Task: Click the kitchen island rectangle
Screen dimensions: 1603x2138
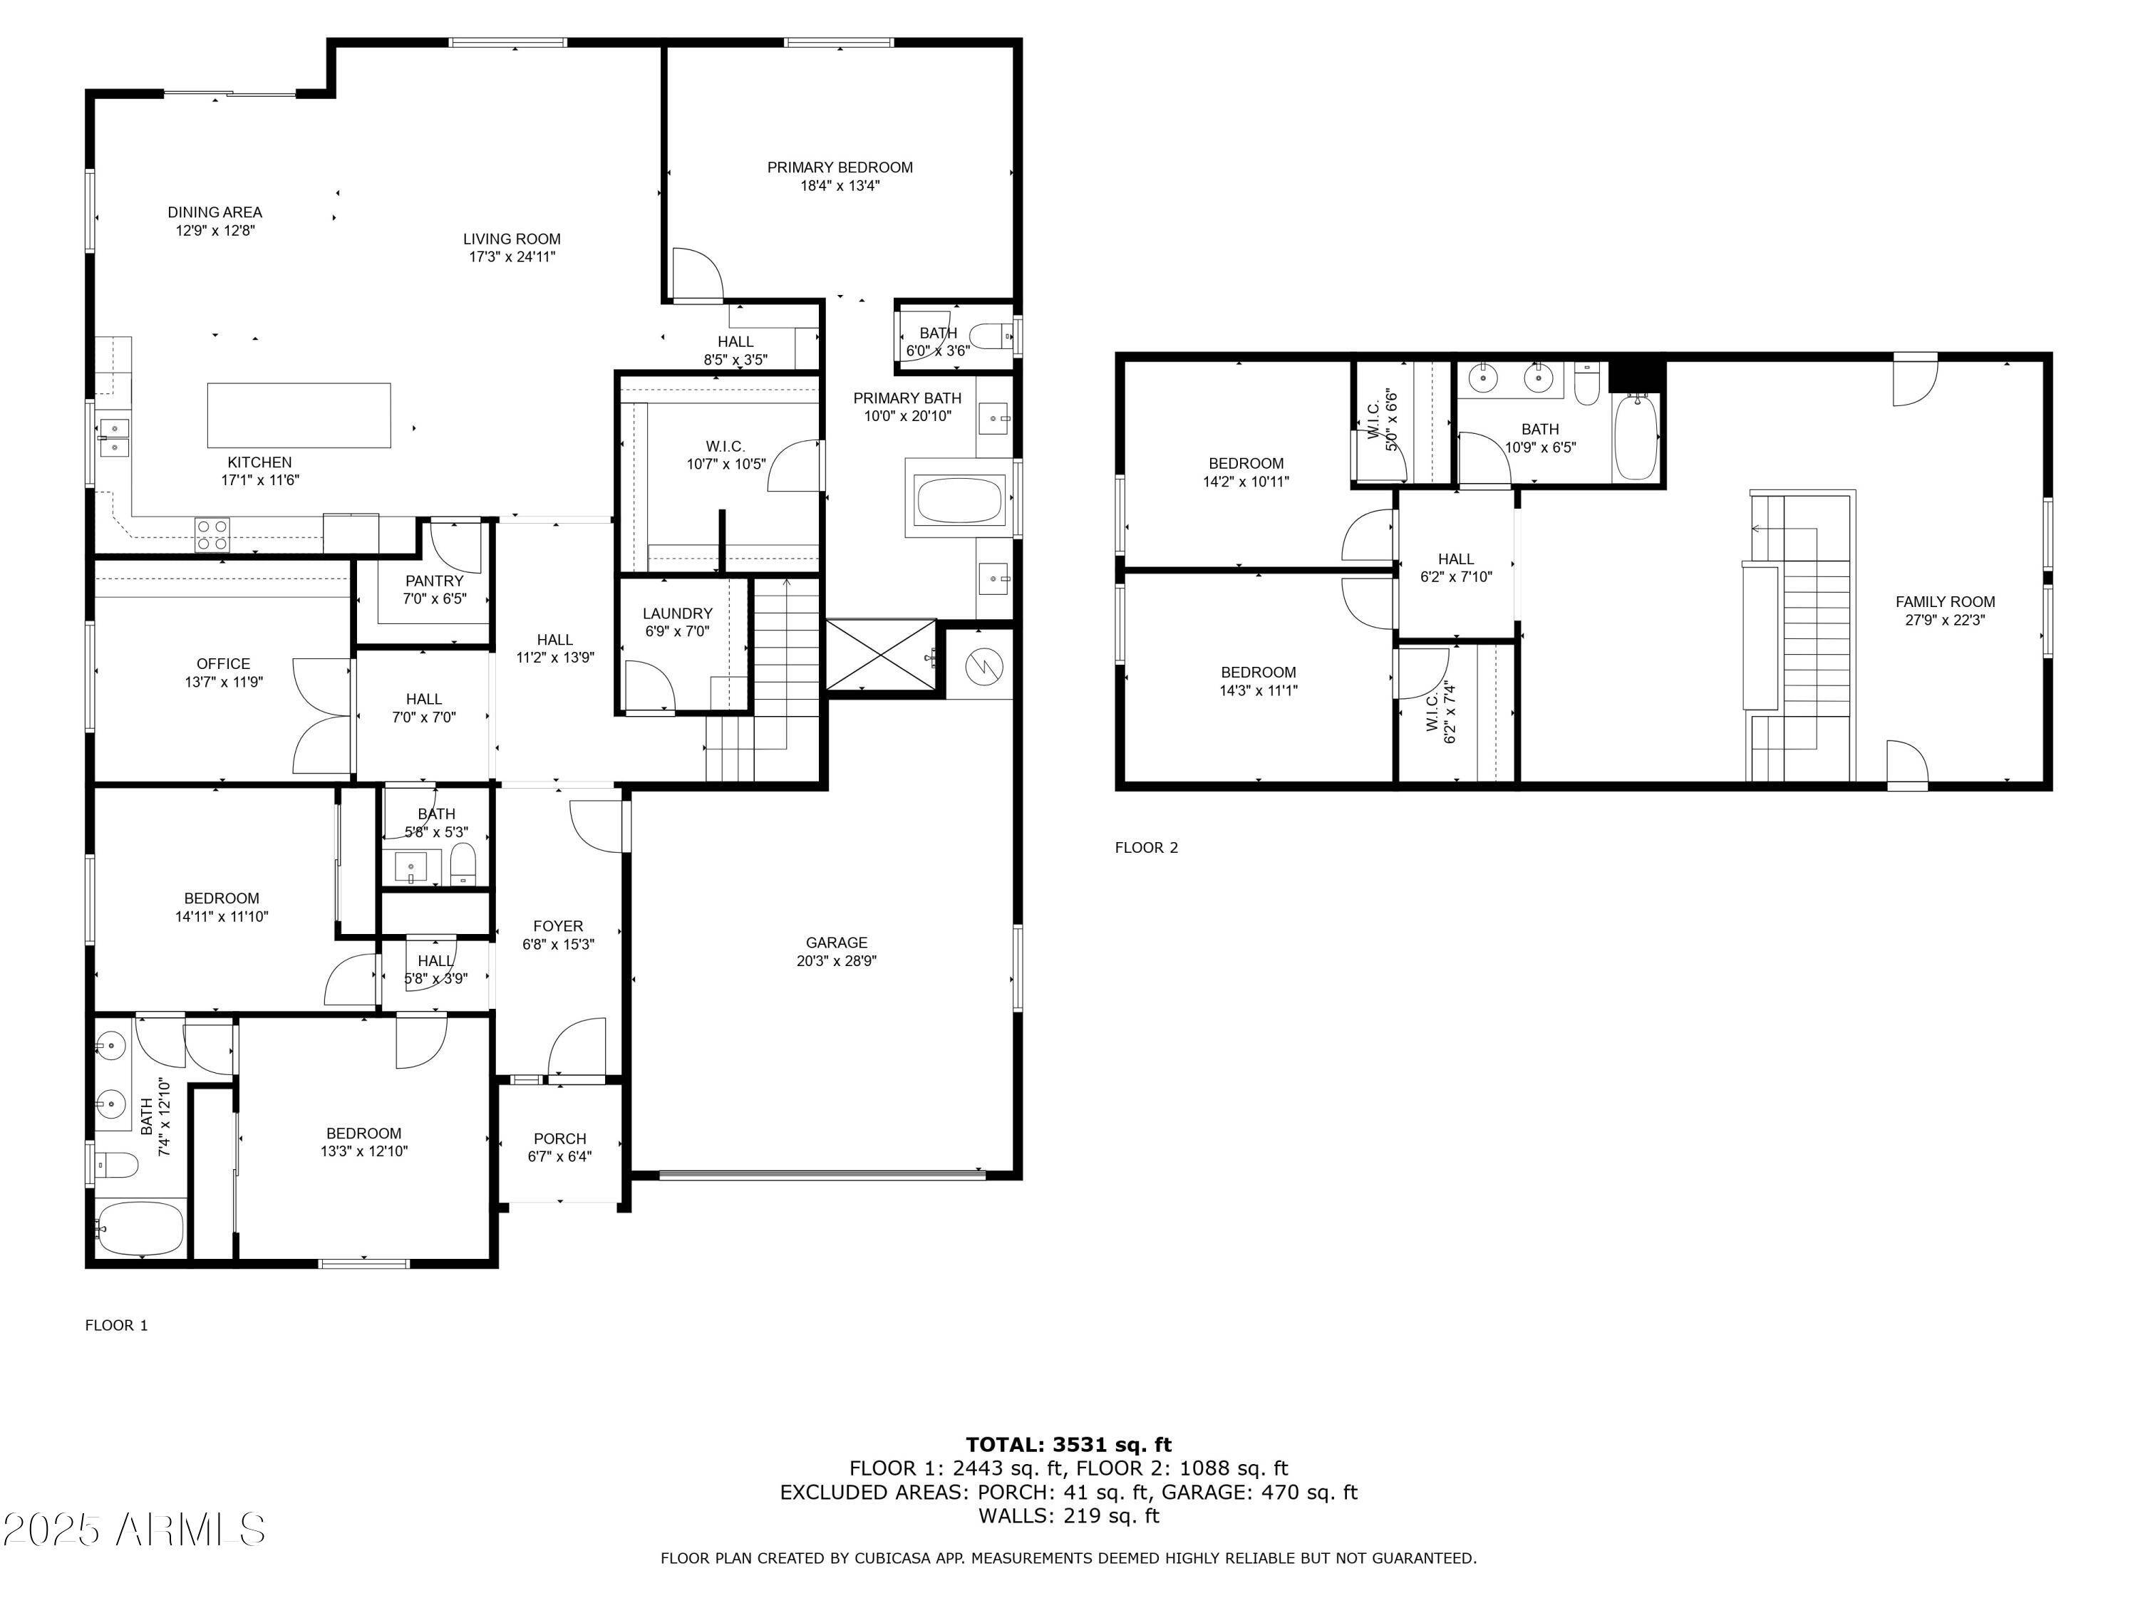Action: tap(299, 415)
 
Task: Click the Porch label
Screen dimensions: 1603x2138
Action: tap(559, 1138)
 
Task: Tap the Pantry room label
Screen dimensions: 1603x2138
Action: tap(434, 581)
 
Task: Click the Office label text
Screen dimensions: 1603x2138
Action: tap(223, 664)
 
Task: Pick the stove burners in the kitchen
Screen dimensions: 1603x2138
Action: tap(212, 534)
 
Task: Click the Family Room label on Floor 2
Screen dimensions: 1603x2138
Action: tap(1945, 601)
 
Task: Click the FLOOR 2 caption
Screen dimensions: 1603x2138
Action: tap(1146, 847)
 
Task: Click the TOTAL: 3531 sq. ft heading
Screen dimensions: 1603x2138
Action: tap(1068, 1445)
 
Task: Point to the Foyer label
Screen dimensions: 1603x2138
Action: tap(558, 925)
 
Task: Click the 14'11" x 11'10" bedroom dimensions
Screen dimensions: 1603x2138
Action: tap(222, 916)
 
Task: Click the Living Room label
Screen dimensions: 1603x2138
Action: tap(511, 239)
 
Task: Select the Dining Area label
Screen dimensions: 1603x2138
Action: tap(215, 212)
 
